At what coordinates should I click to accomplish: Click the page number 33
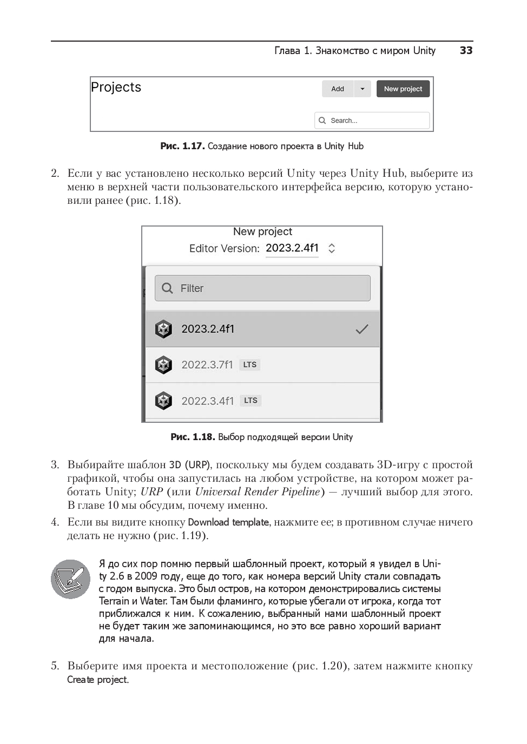point(466,50)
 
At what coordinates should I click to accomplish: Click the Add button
point(338,89)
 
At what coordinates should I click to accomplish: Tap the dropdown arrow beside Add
point(363,89)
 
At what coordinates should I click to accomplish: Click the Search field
point(372,121)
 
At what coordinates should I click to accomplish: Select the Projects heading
point(116,87)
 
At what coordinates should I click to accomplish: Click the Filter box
point(262,288)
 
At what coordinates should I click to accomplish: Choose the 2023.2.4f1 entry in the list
point(208,329)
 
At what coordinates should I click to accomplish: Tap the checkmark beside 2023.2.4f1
point(361,329)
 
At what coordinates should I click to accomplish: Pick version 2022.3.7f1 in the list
point(207,365)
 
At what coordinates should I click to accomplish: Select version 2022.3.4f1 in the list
point(208,401)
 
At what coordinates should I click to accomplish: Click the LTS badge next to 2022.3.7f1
point(250,365)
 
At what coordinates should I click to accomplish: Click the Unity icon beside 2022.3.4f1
point(163,401)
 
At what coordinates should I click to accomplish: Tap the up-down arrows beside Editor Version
point(332,248)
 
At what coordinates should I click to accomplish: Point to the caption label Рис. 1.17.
point(182,146)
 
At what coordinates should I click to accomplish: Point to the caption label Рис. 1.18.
point(192,437)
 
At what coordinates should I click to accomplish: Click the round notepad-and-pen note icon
point(70,579)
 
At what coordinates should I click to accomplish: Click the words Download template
point(228,522)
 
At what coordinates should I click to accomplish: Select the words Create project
point(97,680)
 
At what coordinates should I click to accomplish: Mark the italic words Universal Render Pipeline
point(258,492)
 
